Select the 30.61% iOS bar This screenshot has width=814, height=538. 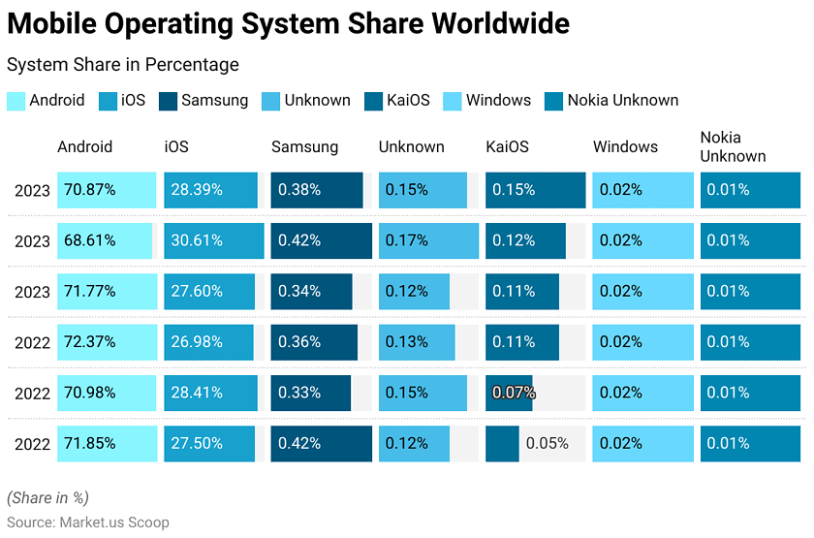[x=213, y=240]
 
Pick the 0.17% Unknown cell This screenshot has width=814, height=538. [x=428, y=240]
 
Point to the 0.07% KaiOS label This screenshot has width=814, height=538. [x=514, y=393]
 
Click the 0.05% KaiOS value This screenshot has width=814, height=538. [x=548, y=443]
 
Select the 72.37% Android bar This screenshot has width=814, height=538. [x=107, y=342]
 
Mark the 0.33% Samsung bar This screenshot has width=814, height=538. [x=310, y=393]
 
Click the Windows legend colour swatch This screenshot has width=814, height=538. [x=452, y=101]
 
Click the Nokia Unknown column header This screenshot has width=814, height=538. [x=733, y=146]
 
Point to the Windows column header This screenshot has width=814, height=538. [x=625, y=147]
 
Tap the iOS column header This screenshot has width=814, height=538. [x=176, y=147]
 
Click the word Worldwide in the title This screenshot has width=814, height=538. [x=483, y=22]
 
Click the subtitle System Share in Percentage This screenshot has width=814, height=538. [x=122, y=65]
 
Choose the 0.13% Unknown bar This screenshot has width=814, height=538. [x=417, y=342]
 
